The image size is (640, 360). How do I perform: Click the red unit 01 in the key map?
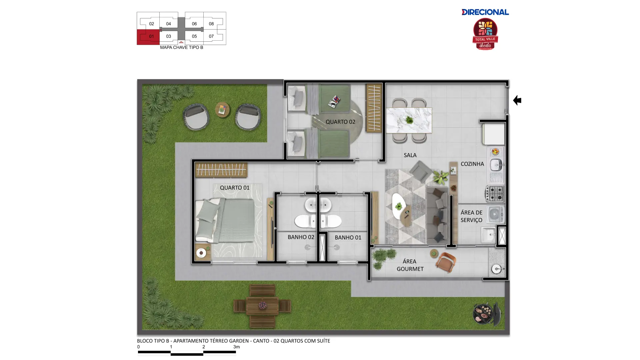pyautogui.click(x=148, y=37)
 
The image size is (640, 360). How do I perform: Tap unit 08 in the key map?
pyautogui.click(x=211, y=24)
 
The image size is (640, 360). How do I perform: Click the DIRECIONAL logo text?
pyautogui.click(x=485, y=12)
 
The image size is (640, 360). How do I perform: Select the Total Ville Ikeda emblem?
pyautogui.click(x=485, y=34)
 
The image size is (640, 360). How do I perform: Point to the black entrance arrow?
pyautogui.click(x=517, y=100)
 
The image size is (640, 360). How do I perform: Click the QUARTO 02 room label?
pyautogui.click(x=340, y=122)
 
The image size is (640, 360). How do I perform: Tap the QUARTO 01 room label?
pyautogui.click(x=235, y=188)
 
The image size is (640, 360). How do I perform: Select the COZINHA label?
pyautogui.click(x=472, y=164)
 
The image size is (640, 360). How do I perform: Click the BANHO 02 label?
pyautogui.click(x=301, y=237)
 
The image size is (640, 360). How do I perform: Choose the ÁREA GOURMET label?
pyautogui.click(x=410, y=265)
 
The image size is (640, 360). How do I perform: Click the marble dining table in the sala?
pyautogui.click(x=409, y=120)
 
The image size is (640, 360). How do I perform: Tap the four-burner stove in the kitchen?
pyautogui.click(x=495, y=194)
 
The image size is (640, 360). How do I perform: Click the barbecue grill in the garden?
pyautogui.click(x=487, y=314)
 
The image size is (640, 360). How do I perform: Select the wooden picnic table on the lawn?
pyautogui.click(x=262, y=306)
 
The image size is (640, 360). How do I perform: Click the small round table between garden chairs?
pyautogui.click(x=222, y=110)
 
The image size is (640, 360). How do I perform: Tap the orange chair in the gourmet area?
pyautogui.click(x=445, y=262)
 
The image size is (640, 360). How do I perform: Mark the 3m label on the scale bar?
pyautogui.click(x=236, y=347)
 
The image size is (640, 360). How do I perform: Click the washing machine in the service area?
pyautogui.click(x=495, y=214)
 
